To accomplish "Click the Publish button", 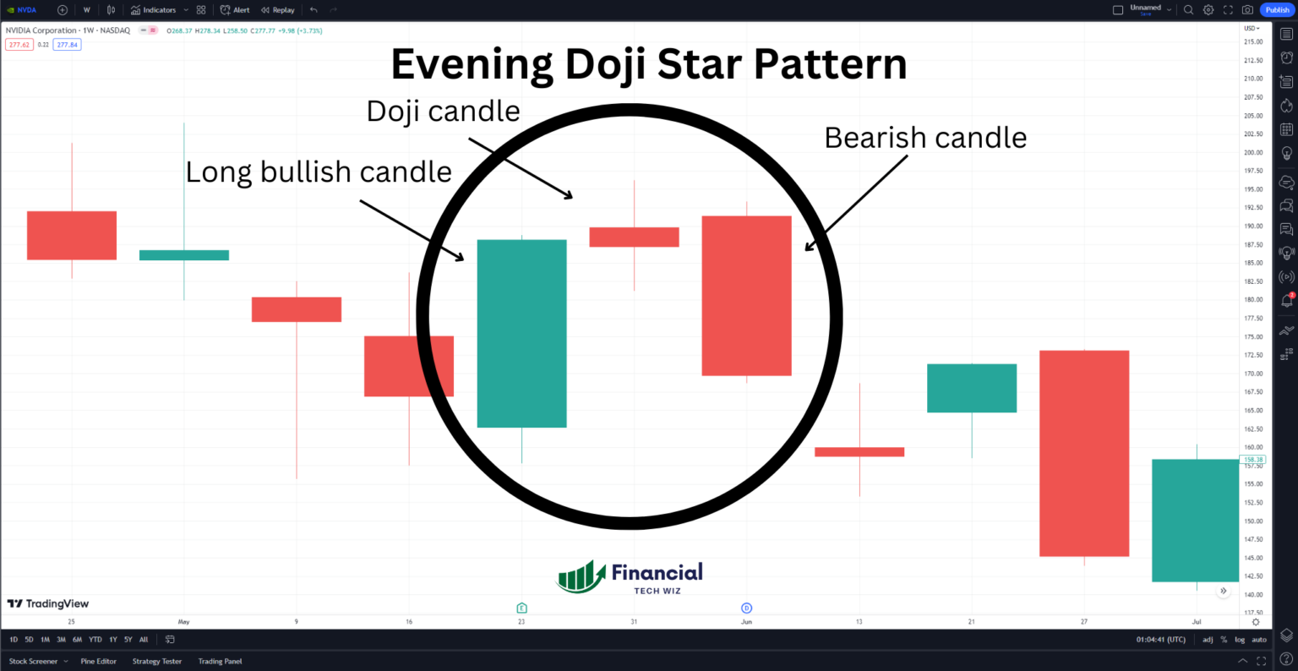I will click(x=1277, y=10).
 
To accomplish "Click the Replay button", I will click(x=278, y=10).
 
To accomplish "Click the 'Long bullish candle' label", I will click(x=319, y=172).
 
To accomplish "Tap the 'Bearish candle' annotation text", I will click(x=925, y=138).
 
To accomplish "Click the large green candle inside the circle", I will click(x=521, y=333).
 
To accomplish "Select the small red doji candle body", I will click(x=634, y=237).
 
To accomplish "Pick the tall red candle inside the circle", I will click(x=746, y=296).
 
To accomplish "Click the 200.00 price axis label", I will click(x=1252, y=153).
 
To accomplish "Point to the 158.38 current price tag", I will click(x=1252, y=460).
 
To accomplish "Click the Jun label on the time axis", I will click(x=746, y=622).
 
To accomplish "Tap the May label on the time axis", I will click(x=183, y=622).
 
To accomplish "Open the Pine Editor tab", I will click(x=99, y=662).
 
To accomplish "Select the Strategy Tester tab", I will click(x=157, y=662).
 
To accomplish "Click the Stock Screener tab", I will click(x=34, y=662).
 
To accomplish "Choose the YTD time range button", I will click(x=95, y=640).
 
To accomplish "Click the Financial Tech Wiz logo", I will click(x=630, y=577).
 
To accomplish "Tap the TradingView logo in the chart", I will click(x=48, y=603).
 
